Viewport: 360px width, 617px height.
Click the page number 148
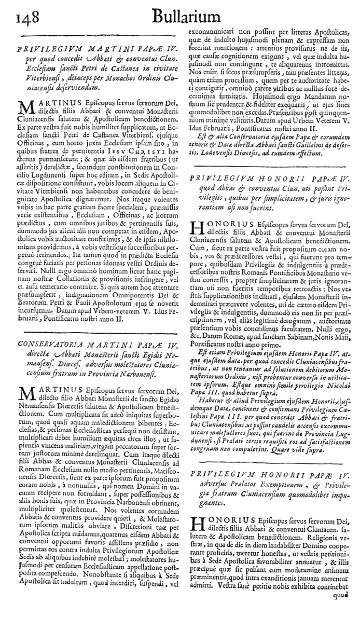coord(19,19)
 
